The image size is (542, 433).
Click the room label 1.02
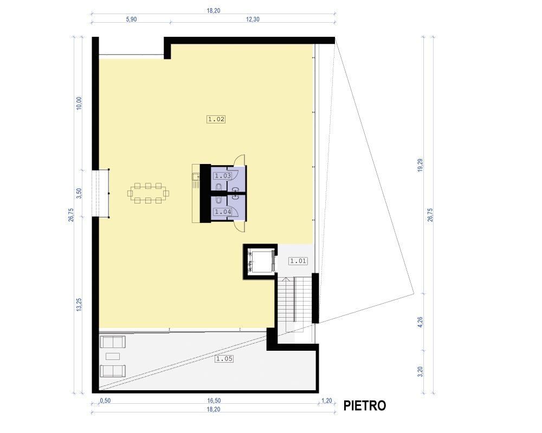click(216, 120)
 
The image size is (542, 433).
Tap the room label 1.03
click(223, 176)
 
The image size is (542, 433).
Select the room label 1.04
click(223, 212)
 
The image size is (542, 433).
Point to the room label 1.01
click(298, 261)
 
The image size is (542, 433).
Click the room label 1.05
click(224, 359)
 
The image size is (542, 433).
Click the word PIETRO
click(364, 406)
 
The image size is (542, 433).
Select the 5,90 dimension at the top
click(131, 19)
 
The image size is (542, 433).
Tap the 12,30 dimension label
click(253, 19)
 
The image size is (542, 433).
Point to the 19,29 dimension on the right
click(421, 166)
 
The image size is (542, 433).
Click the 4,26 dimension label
click(421, 322)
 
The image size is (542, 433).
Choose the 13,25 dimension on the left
click(79, 305)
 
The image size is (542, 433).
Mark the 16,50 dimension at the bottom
click(214, 401)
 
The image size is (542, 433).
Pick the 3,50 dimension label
click(79, 193)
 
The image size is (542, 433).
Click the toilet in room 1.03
click(219, 187)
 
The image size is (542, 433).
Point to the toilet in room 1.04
click(219, 200)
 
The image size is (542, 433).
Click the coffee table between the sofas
click(113, 356)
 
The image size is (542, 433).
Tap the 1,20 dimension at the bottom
click(327, 401)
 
